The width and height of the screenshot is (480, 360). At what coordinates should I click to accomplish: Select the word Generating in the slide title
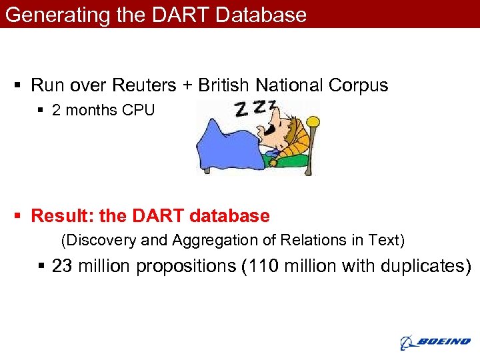pos(57,15)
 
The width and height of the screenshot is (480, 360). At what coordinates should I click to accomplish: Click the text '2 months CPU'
pos(103,111)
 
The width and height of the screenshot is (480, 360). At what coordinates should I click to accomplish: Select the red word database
pos(229,217)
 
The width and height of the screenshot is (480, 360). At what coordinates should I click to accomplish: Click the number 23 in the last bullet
pos(62,266)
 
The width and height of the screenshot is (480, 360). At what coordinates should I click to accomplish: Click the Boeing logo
pos(435,342)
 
